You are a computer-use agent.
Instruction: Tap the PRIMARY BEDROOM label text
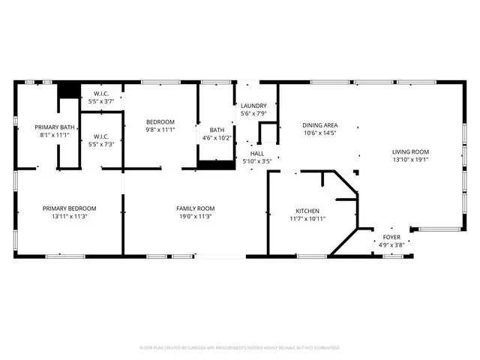pyautogui.click(x=69, y=208)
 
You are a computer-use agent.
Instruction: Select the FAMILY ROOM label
pyautogui.click(x=195, y=208)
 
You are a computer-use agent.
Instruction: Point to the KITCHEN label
pyautogui.click(x=307, y=211)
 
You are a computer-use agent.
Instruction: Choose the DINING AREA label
pyautogui.click(x=319, y=125)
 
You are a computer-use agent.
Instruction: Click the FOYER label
pyautogui.click(x=391, y=237)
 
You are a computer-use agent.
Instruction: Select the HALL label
pyautogui.click(x=256, y=153)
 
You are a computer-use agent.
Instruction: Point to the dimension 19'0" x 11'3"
pyautogui.click(x=195, y=217)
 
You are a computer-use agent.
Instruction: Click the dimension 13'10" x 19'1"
pyautogui.click(x=410, y=160)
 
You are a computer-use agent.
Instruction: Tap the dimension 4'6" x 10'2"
pyautogui.click(x=217, y=138)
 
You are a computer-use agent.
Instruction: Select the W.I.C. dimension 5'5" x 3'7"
pyautogui.click(x=100, y=100)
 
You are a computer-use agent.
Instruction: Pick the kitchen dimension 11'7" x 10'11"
pyautogui.click(x=307, y=219)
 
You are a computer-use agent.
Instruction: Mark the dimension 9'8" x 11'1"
pyautogui.click(x=160, y=130)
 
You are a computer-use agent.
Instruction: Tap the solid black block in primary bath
pyautogui.click(x=69, y=90)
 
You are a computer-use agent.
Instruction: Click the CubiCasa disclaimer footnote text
pyautogui.click(x=239, y=348)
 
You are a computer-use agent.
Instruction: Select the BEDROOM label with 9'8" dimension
pyautogui.click(x=160, y=121)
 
